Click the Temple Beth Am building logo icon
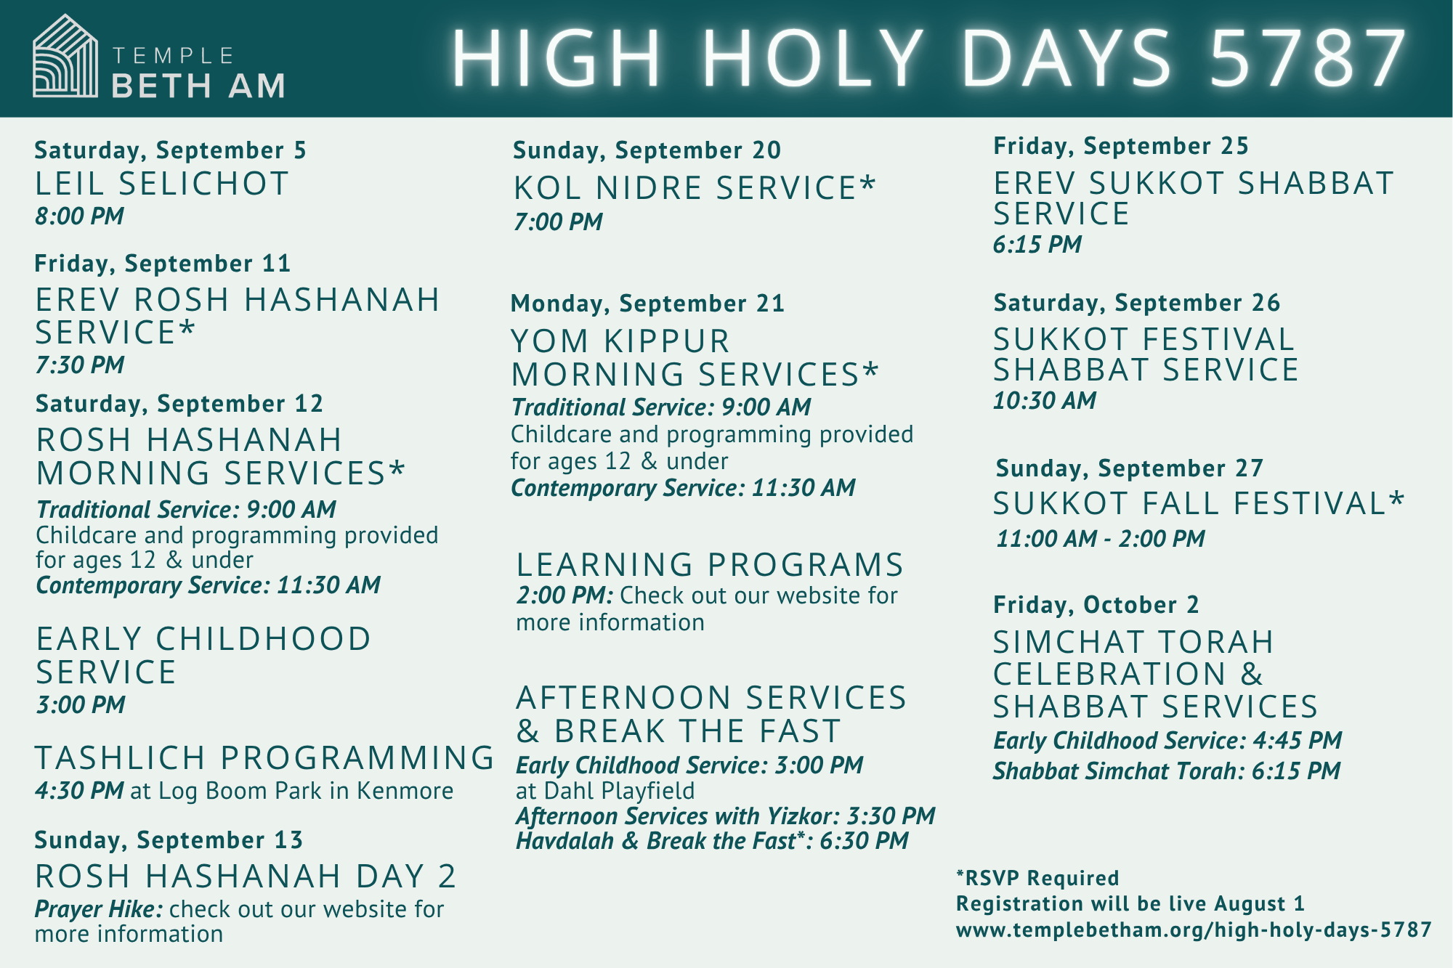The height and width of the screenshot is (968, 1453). pos(65,56)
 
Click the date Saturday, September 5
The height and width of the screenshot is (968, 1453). pos(170,150)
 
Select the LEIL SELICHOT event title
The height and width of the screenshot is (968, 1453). pos(162,184)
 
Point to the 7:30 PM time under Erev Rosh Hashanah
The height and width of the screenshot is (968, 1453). pos(80,365)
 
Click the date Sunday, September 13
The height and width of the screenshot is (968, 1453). pos(169,840)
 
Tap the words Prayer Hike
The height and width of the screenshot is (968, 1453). pos(99,909)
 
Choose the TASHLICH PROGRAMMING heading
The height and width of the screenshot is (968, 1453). pos(265,757)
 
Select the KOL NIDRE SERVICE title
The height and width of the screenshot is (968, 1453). pos(695,188)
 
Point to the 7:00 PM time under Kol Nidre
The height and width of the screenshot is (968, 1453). pos(558,221)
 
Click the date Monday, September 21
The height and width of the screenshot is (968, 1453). pos(647,304)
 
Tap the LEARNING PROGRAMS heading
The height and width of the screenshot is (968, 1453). pos(710,565)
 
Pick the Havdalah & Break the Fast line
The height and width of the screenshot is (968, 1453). pos(712,841)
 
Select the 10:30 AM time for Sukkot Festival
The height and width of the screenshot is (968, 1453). pos(1045,400)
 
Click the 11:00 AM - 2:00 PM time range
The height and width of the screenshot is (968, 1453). pos(1100,539)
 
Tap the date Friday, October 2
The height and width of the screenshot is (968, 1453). pos(1096,605)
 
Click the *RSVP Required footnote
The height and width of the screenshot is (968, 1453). pos(1037,878)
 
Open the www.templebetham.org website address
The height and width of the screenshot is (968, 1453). pos(1194,930)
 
